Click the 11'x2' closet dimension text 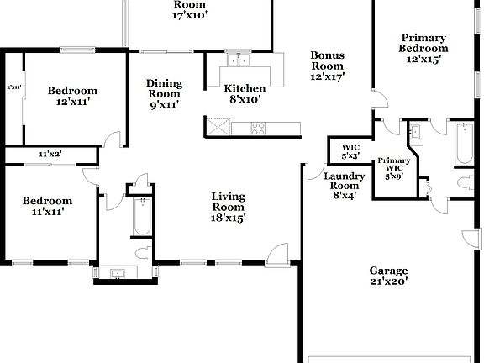pyautogui.click(x=50, y=155)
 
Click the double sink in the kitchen pyautogui.click(x=240, y=60)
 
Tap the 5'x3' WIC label pyautogui.click(x=350, y=151)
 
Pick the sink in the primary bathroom pyautogui.click(x=414, y=133)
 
